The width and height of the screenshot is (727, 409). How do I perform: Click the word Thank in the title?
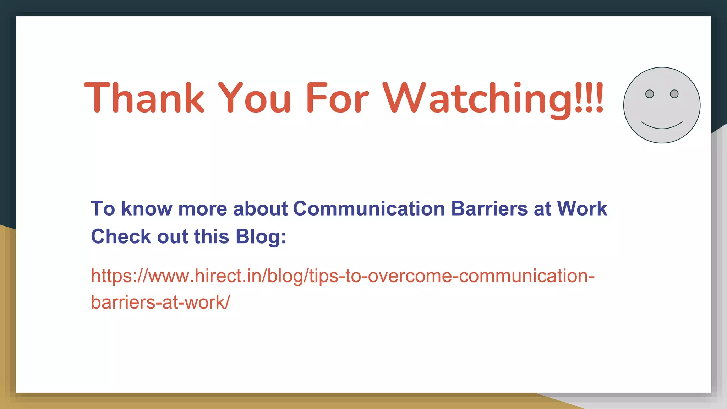point(144,98)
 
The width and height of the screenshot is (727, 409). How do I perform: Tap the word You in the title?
point(254,98)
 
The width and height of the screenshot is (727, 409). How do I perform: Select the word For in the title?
point(337,98)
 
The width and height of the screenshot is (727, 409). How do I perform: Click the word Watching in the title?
point(477,98)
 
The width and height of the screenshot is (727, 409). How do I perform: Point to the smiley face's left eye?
point(649,94)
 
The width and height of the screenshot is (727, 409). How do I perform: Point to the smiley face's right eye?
point(674,94)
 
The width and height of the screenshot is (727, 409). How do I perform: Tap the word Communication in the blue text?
point(369,208)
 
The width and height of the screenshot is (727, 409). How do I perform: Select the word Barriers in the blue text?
point(490,208)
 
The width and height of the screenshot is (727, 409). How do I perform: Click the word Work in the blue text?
point(582,208)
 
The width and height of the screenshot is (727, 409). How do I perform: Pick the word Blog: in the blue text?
point(261,237)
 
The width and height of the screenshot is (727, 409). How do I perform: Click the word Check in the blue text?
point(121,237)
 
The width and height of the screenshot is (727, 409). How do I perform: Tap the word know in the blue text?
point(147,208)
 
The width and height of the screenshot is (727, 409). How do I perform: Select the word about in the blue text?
point(260,208)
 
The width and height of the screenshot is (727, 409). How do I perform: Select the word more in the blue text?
point(202,208)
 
